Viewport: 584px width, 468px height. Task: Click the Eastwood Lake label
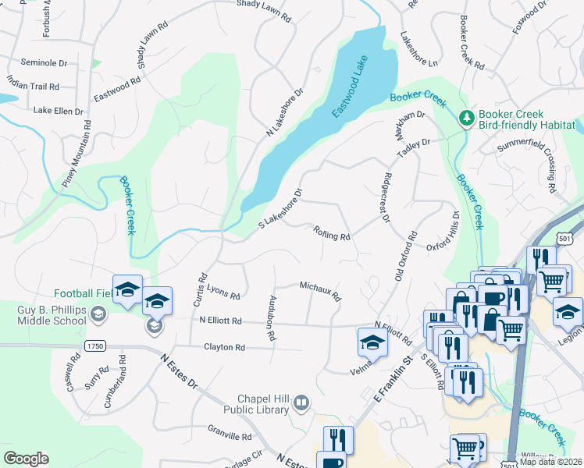click(348, 91)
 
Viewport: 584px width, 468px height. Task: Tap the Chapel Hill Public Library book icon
click(301, 402)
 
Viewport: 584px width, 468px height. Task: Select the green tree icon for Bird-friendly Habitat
click(466, 119)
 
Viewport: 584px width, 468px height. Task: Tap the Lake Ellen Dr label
click(58, 112)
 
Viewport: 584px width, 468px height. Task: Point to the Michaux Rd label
click(321, 291)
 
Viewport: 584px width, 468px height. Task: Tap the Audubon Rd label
click(272, 318)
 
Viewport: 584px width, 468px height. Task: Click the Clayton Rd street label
click(224, 347)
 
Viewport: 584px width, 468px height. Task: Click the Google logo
click(26, 458)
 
